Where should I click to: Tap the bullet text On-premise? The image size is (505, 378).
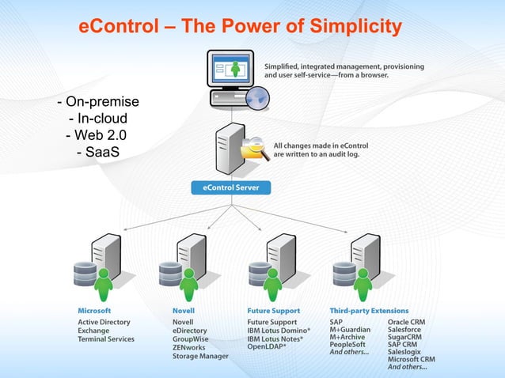point(98,102)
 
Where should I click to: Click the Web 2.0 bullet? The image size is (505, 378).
point(96,134)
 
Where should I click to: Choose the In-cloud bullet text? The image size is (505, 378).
point(98,119)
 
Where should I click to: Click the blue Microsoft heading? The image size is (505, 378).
point(94,311)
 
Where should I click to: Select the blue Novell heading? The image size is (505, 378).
point(184,311)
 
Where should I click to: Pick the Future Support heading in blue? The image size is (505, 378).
point(274,311)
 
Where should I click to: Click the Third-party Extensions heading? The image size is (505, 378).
point(369,311)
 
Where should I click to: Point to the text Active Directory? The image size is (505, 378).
point(104,323)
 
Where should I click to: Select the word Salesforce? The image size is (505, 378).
point(404,331)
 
